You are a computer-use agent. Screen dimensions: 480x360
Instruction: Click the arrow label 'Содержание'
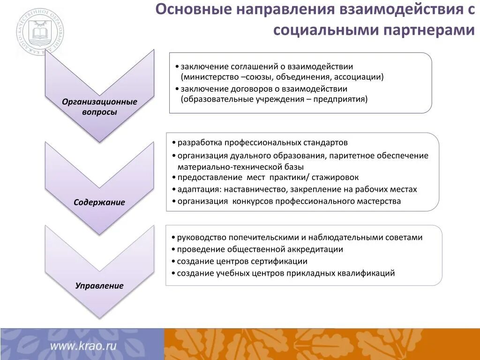pyautogui.click(x=99, y=202)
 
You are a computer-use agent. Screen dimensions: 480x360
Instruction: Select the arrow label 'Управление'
pyautogui.click(x=99, y=285)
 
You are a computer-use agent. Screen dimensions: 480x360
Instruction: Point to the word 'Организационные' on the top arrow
pyautogui.click(x=99, y=102)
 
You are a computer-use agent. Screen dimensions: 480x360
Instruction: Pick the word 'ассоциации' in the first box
pyautogui.click(x=362, y=77)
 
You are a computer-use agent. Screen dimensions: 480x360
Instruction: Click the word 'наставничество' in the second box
pyautogui.click(x=255, y=189)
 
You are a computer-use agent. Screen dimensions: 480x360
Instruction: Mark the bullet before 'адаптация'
pyautogui.click(x=173, y=190)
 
